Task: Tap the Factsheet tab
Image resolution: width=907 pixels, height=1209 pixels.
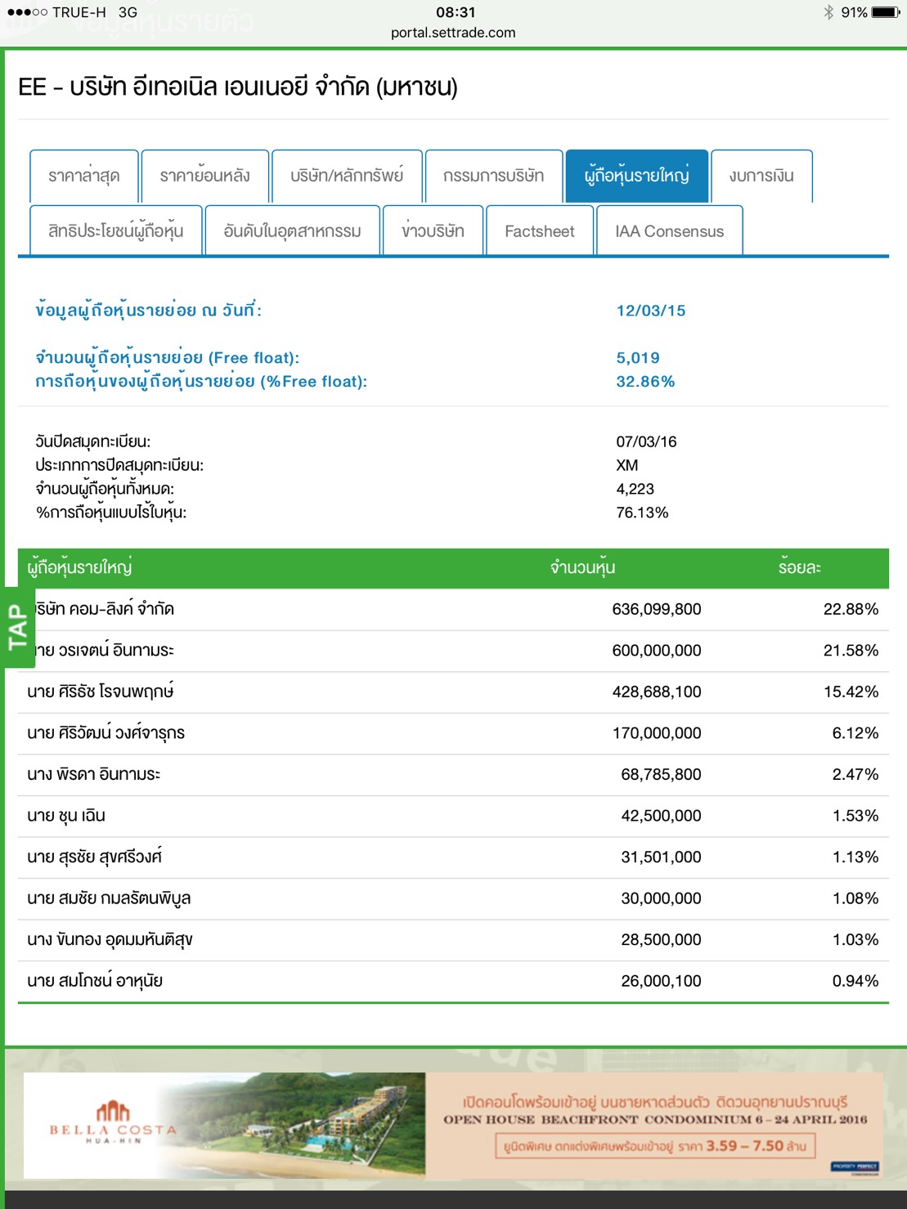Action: [x=540, y=231]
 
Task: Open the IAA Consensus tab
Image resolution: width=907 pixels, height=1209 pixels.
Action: [x=669, y=231]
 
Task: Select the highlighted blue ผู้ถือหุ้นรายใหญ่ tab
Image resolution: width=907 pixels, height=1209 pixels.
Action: [x=636, y=176]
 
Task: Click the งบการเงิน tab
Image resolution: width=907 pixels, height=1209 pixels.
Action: [x=761, y=176]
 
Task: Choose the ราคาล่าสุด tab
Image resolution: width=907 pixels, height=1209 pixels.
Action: [x=83, y=176]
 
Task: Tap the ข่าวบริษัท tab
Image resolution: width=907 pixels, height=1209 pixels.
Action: [x=433, y=231]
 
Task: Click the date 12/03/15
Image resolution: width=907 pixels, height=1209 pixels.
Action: [x=651, y=311]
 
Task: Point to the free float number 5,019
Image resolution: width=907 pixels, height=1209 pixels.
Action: [x=638, y=358]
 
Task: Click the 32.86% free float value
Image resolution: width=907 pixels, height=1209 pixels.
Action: [x=645, y=382]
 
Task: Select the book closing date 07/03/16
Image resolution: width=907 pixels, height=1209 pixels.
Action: [x=646, y=442]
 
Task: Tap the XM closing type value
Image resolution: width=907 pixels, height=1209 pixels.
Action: [x=627, y=465]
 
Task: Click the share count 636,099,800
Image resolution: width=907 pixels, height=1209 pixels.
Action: [x=656, y=609]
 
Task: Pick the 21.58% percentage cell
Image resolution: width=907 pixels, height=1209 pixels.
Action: [x=851, y=651]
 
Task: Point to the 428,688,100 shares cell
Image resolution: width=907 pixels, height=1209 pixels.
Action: [x=656, y=692]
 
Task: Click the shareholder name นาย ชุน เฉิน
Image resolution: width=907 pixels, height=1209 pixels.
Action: [x=66, y=816]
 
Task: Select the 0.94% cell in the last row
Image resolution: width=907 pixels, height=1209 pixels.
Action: [x=855, y=981]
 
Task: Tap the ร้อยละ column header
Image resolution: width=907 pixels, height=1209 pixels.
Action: [x=799, y=568]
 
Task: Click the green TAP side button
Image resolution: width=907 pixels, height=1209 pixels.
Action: [x=18, y=627]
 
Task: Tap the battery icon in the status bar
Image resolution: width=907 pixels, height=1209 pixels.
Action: [x=886, y=12]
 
